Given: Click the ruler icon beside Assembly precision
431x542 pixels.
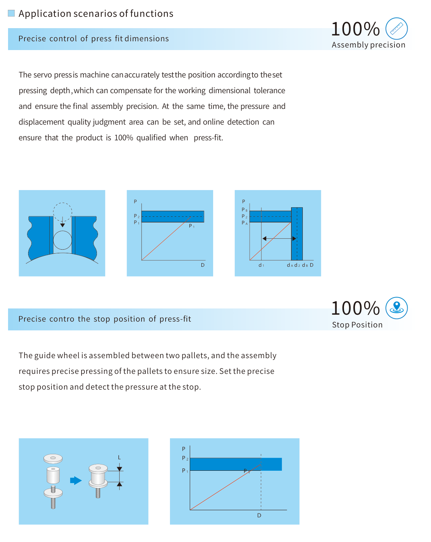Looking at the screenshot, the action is [x=396, y=29].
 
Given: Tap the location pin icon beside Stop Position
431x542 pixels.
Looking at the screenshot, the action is [x=396, y=308].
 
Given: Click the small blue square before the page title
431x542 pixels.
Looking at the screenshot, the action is [x=11, y=13].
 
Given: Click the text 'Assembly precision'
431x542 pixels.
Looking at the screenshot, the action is [x=368, y=45].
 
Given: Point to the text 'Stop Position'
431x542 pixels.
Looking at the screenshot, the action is [x=357, y=325].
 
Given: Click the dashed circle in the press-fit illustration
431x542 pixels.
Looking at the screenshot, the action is [x=63, y=212].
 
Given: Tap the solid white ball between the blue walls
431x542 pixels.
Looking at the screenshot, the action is [x=63, y=240].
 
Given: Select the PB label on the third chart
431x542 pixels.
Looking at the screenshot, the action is [x=244, y=209].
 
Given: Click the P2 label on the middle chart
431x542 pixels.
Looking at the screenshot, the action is [x=136, y=216].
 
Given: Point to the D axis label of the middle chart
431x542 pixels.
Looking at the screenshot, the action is [x=203, y=265].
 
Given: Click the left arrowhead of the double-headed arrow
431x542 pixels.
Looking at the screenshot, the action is [x=264, y=238].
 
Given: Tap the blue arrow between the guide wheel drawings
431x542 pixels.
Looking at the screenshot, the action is [x=76, y=480].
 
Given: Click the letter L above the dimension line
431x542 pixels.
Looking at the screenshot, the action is [x=120, y=457].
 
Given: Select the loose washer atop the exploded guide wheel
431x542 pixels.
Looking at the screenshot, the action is [x=53, y=459].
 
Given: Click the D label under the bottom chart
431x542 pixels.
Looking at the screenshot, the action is [x=259, y=515].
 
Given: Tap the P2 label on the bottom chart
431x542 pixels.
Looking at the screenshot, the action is [x=185, y=458].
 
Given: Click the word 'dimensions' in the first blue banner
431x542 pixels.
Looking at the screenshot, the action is [x=147, y=38].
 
